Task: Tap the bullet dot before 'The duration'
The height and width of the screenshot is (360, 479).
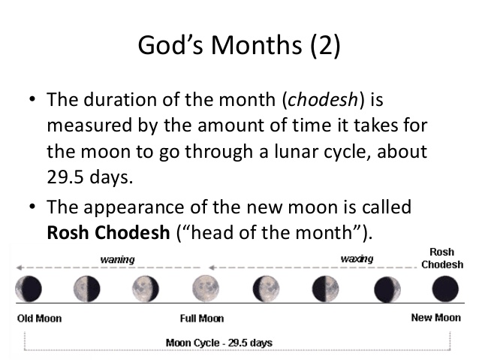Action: tap(32, 100)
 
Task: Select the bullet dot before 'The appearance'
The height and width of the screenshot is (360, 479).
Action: tap(32, 206)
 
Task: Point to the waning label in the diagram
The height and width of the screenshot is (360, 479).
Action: tap(117, 259)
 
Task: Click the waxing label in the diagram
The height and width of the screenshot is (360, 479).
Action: tap(357, 259)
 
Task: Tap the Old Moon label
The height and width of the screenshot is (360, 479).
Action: tap(39, 318)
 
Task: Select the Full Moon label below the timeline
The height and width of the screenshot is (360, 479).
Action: tap(203, 318)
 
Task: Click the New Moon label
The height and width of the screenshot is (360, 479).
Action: tap(435, 317)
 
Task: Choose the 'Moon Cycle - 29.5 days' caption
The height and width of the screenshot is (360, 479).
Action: tap(218, 343)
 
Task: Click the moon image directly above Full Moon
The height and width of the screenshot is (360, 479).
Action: tap(204, 288)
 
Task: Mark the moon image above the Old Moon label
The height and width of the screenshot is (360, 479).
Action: tap(31, 288)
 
